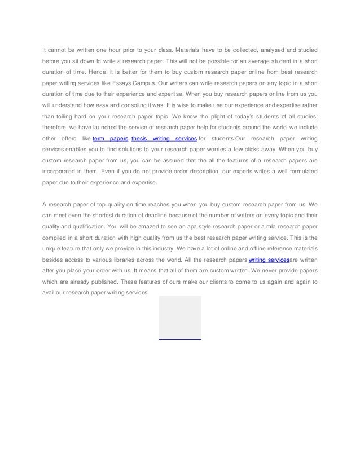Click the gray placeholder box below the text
point(180,316)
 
